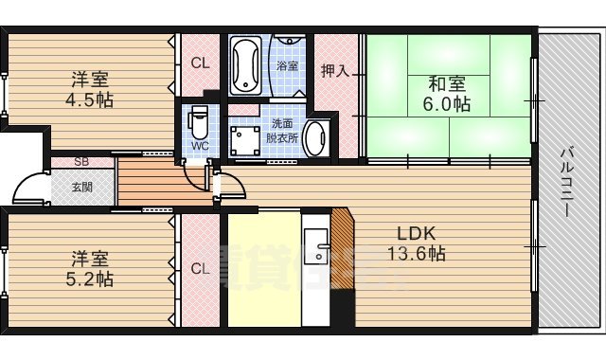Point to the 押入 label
pos(333,70)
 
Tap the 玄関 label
pos(81,187)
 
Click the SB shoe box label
pos(81,162)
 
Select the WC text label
pos(199,146)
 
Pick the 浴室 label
pos(287,66)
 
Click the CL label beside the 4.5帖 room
pos(200,64)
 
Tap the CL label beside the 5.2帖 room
pos(200,269)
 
